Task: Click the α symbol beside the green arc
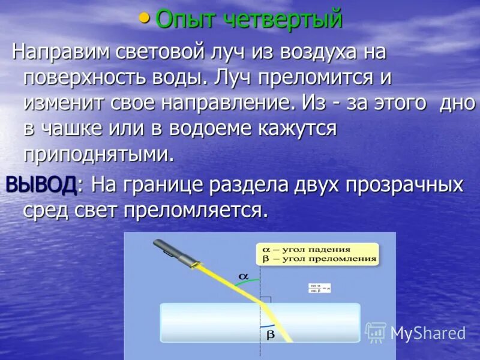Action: tap(243, 275)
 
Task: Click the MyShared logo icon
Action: tap(376, 332)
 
